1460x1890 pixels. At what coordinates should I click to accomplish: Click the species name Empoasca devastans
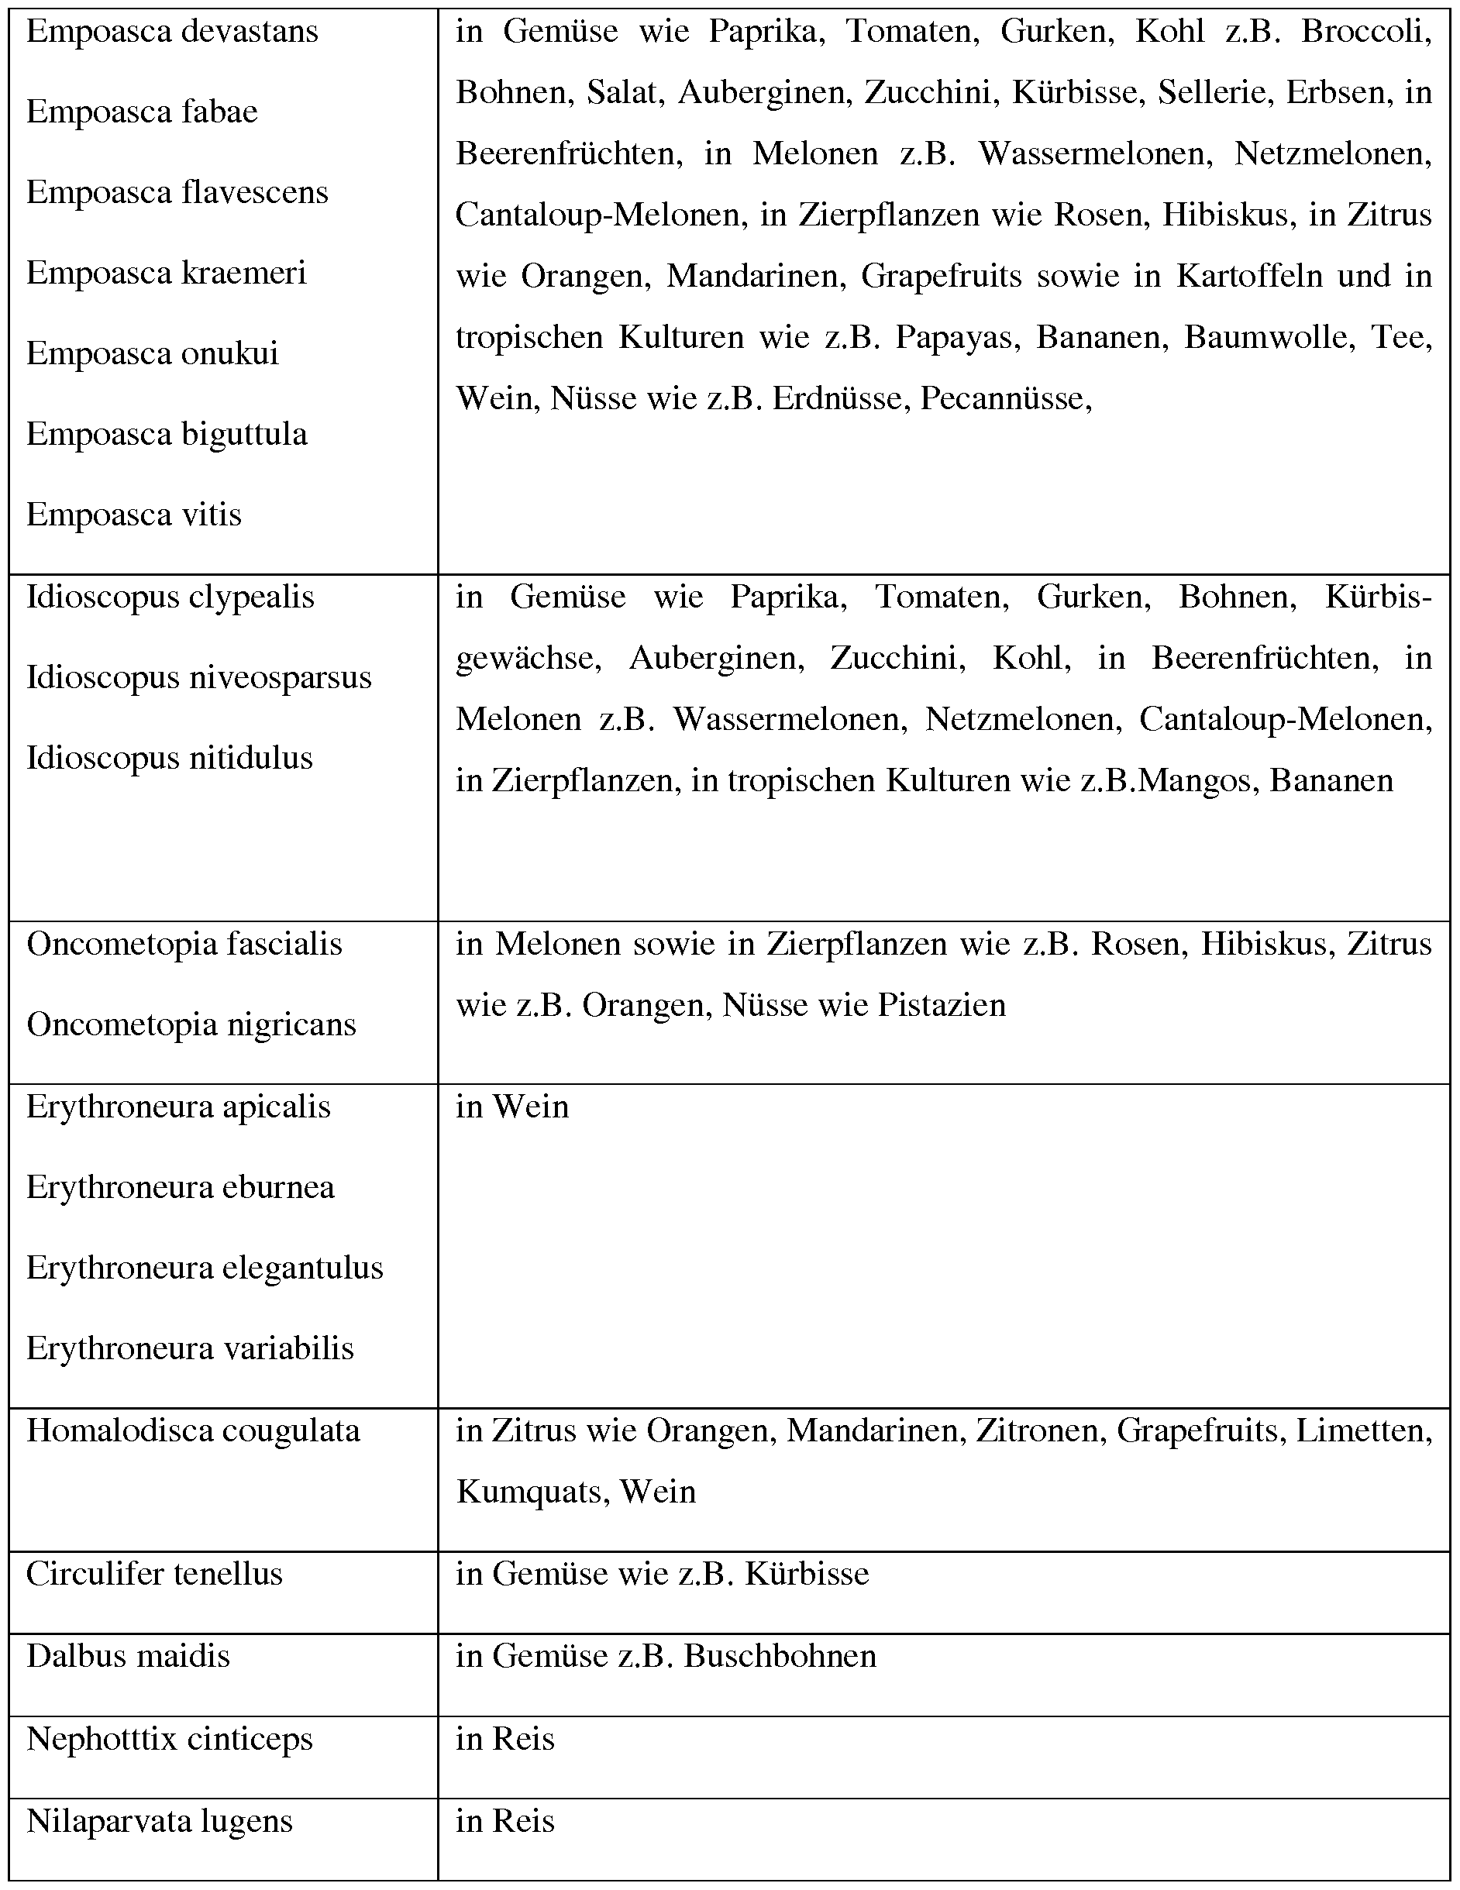(172, 32)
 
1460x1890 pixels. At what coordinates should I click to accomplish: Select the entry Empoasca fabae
(142, 112)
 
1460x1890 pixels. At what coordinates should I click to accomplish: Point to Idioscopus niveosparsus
(199, 677)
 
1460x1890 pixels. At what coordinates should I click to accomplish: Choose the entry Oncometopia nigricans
(191, 1024)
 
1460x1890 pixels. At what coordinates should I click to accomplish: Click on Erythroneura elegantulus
(205, 1268)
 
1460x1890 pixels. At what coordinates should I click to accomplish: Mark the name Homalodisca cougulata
(193, 1430)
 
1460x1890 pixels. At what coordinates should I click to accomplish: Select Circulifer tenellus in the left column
(154, 1573)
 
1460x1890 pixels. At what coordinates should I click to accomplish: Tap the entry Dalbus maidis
(128, 1655)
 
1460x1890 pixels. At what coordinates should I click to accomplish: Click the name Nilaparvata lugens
(159, 1821)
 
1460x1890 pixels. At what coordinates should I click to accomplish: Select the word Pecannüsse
(1005, 398)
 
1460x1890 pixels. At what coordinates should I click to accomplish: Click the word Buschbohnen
(780, 1655)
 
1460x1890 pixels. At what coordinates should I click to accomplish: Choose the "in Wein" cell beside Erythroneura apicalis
(512, 1107)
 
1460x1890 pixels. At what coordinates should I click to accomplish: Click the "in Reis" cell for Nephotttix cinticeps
(504, 1739)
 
